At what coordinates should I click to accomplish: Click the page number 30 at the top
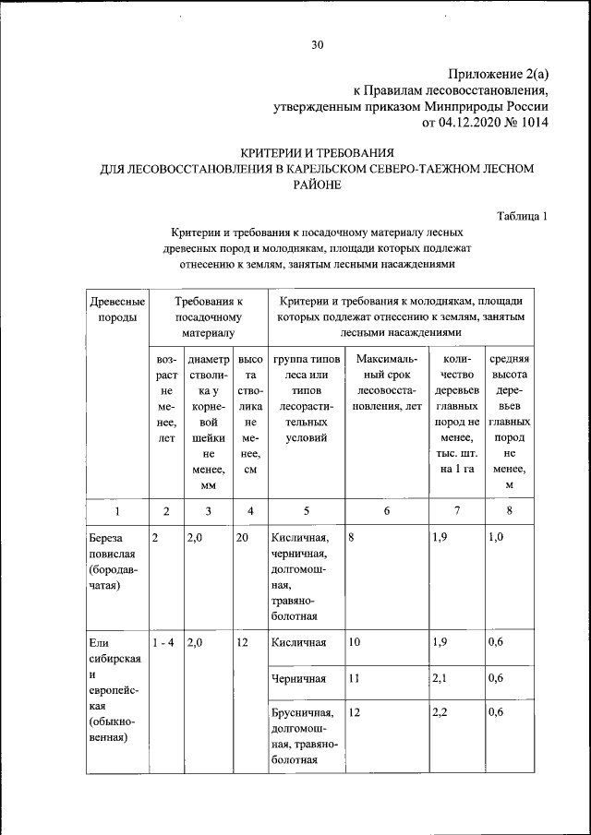(x=318, y=44)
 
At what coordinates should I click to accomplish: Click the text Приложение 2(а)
(x=498, y=74)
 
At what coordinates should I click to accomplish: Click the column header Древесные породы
(x=115, y=309)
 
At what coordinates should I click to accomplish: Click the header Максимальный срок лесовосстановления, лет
(x=387, y=382)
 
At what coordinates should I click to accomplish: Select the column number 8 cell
(x=508, y=510)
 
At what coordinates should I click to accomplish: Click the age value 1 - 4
(x=164, y=643)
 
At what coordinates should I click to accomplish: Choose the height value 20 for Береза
(x=242, y=537)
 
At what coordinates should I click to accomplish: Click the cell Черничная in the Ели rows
(x=298, y=679)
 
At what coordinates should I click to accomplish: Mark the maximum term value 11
(x=356, y=679)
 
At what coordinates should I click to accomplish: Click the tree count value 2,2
(x=441, y=712)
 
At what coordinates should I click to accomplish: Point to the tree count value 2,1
(x=441, y=679)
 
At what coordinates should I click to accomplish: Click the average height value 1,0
(x=496, y=537)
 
